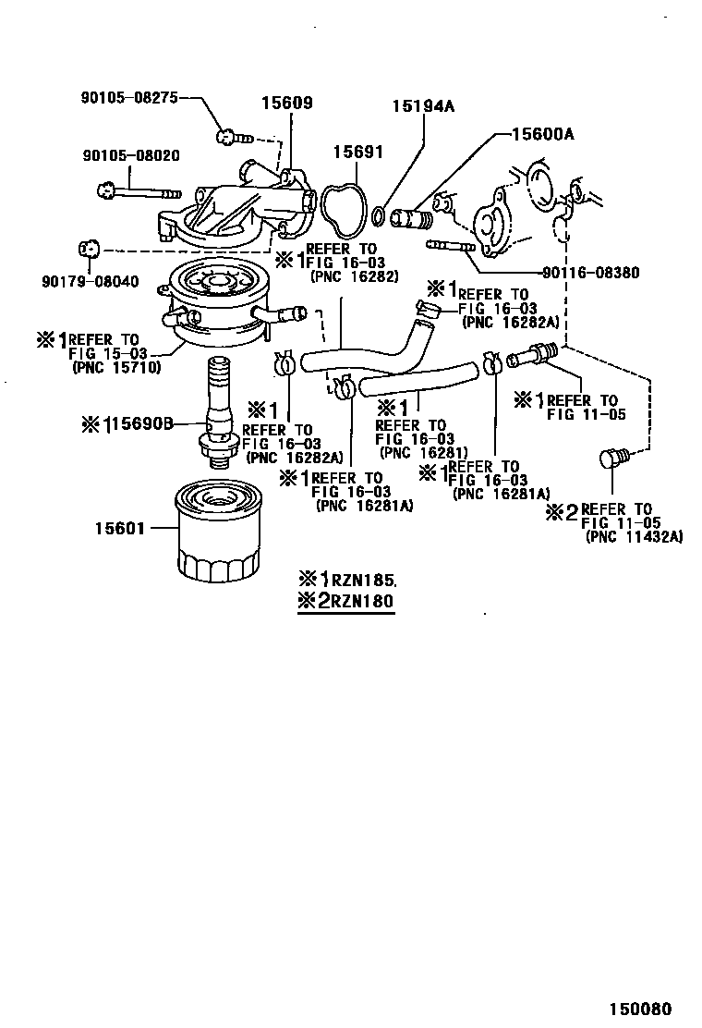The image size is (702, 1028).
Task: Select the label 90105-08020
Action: coord(130,156)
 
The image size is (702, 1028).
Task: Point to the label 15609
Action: coord(285,104)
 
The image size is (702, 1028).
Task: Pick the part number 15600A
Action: coord(543,134)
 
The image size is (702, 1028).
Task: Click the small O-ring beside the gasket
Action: coord(379,217)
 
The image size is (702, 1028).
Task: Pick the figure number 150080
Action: coord(639,1009)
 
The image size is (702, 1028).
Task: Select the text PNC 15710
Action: coord(116,367)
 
